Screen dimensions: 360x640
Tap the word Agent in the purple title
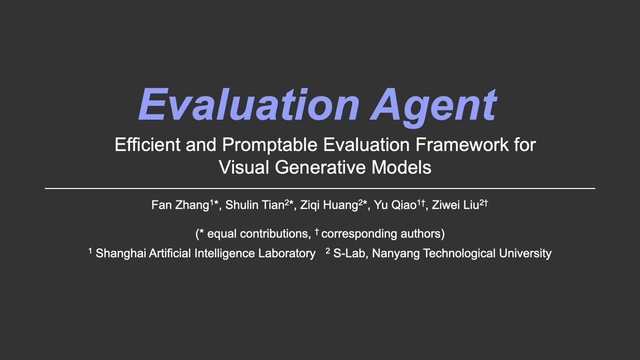click(433, 104)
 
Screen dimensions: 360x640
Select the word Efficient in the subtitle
click(147, 144)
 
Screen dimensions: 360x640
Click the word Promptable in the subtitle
click(269, 144)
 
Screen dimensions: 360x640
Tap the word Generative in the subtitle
click(320, 167)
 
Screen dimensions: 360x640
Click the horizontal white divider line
click(320, 188)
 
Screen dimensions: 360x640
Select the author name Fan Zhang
click(180, 205)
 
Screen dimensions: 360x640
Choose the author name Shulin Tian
click(254, 205)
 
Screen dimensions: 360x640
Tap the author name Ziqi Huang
click(329, 205)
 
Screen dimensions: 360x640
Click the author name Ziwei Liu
click(455, 205)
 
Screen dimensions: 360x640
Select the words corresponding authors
click(380, 233)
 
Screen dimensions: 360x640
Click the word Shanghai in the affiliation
click(120, 253)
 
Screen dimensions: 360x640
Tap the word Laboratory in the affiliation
click(286, 253)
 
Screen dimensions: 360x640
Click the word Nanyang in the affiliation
click(395, 253)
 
